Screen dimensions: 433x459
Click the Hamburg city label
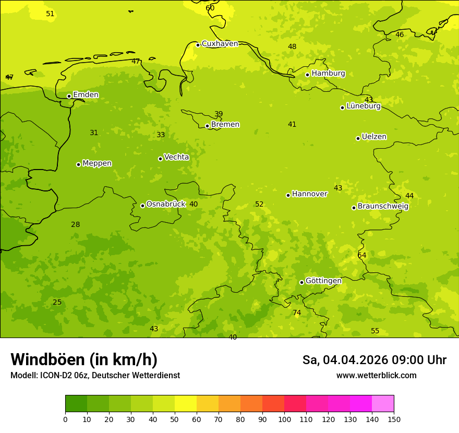[328, 74]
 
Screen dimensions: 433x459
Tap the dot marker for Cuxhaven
[198, 45]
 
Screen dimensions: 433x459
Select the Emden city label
[86, 95]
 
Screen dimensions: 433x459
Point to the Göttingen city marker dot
[301, 282]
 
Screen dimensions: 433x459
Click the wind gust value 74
[297, 313]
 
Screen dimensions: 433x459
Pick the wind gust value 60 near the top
[210, 8]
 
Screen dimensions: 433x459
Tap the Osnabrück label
[166, 204]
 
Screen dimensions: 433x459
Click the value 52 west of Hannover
[259, 204]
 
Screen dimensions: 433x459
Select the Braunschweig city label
[383, 206]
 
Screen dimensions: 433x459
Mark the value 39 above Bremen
[219, 114]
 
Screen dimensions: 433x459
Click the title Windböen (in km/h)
[84, 359]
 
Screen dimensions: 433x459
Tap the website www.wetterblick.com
[376, 376]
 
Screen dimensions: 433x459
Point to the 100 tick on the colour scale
[284, 419]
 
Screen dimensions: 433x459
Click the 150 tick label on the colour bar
[394, 419]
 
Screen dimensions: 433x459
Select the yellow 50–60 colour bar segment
[186, 404]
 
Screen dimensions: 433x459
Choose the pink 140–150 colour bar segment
[383, 404]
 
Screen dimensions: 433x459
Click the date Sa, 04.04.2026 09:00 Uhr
[374, 360]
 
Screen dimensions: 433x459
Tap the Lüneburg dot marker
[342, 107]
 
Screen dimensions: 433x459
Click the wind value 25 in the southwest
[57, 303]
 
